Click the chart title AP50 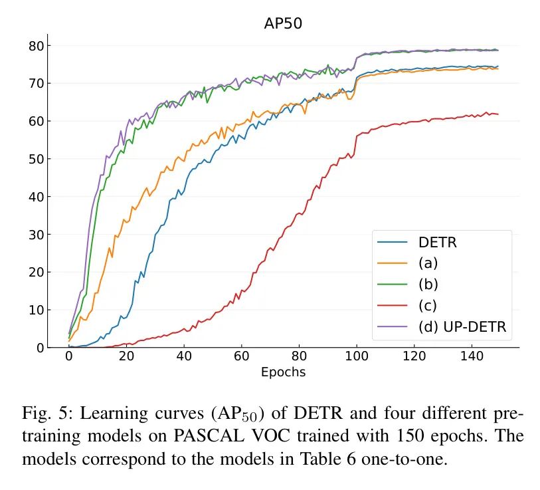(284, 24)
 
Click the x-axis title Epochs (283, 372)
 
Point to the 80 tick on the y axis (37, 46)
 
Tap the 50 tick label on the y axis (37, 159)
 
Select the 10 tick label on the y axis (37, 310)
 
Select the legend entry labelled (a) (428, 263)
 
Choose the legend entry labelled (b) (428, 283)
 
